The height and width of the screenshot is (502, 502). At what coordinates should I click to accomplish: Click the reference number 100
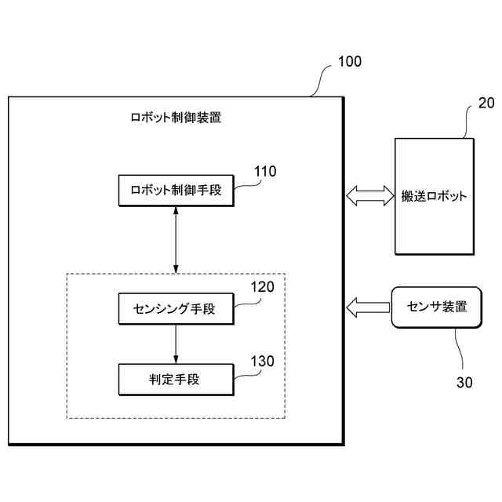(x=349, y=62)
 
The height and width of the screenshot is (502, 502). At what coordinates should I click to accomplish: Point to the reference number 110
(x=264, y=172)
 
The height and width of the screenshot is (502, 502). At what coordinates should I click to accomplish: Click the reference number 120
(x=262, y=287)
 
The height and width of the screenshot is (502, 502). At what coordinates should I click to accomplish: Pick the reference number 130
(x=262, y=362)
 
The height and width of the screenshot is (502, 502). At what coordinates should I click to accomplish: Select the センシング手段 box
(x=175, y=309)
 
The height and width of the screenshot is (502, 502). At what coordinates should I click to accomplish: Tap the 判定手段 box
(x=175, y=380)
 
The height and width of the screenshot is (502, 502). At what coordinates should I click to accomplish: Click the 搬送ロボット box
(x=434, y=195)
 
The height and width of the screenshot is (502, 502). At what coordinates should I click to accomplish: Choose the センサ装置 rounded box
(x=436, y=307)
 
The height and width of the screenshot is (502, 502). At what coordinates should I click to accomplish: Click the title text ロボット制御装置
(x=175, y=119)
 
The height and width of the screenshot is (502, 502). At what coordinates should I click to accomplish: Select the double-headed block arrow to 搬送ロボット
(x=369, y=195)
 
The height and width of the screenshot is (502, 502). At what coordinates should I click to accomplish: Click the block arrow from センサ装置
(x=368, y=307)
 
